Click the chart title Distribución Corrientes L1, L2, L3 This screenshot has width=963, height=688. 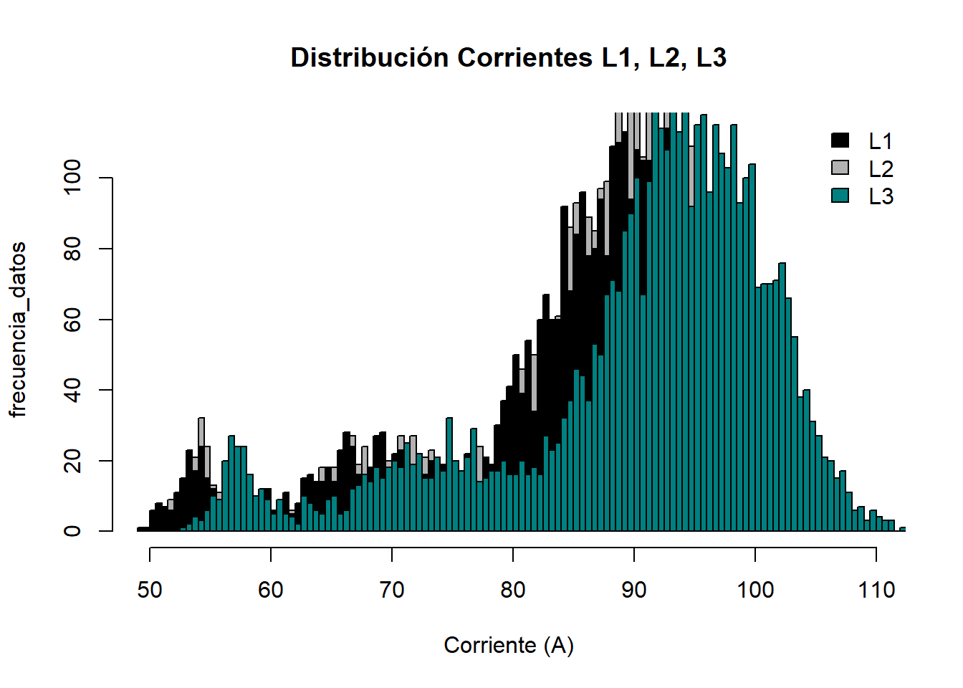coord(508,58)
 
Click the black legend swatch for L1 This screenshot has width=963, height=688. coord(840,140)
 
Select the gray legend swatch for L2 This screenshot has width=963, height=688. coord(840,168)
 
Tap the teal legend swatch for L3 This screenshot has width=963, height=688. coord(840,195)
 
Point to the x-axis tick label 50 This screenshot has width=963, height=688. coord(150,590)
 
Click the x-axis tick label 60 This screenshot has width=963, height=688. coord(271,590)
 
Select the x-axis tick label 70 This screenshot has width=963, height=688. coord(392,590)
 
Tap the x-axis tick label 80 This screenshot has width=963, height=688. coord(513,590)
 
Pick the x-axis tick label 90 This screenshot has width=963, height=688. coord(634,590)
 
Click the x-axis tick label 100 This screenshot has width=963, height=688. coord(755,590)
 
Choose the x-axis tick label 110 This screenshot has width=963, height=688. coord(876,590)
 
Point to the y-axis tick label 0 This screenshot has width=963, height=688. coord(72,531)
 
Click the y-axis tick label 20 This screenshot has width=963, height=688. coord(72,460)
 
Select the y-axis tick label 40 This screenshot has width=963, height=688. coord(72,390)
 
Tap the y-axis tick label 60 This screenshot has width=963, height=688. coord(72,319)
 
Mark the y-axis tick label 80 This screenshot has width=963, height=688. coord(72,249)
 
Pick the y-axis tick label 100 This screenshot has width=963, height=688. coord(72,178)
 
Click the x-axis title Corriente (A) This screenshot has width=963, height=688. coord(508,645)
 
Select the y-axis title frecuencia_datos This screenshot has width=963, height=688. coord(19,329)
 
